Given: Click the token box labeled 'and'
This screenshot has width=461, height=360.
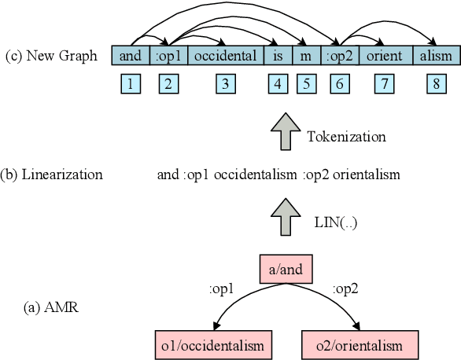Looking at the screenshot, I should (x=131, y=56).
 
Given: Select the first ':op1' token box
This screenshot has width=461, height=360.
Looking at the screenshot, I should (x=168, y=56).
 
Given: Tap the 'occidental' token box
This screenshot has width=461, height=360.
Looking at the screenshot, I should (x=225, y=56).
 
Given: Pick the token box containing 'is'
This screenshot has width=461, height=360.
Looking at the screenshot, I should (x=278, y=56).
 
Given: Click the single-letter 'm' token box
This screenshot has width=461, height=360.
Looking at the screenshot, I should (x=306, y=56).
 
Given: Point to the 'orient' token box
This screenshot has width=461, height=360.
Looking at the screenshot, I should (x=384, y=56).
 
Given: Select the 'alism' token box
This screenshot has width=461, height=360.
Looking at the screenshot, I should (x=435, y=56).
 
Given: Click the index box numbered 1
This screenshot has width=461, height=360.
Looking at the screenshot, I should (x=131, y=85).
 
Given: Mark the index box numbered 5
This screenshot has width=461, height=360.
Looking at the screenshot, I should (x=306, y=85).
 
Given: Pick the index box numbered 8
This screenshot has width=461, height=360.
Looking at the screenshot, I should (x=435, y=85).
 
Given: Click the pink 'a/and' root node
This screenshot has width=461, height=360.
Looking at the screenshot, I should (x=286, y=271).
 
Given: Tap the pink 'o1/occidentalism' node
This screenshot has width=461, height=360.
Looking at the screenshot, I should (x=214, y=345).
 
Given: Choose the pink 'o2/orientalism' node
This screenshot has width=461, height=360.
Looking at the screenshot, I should (x=359, y=345).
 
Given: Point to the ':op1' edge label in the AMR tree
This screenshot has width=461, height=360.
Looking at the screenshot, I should (x=223, y=288).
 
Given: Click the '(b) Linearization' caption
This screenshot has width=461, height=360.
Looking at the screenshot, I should (x=52, y=174).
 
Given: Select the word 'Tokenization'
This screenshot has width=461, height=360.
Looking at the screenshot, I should (x=346, y=137).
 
